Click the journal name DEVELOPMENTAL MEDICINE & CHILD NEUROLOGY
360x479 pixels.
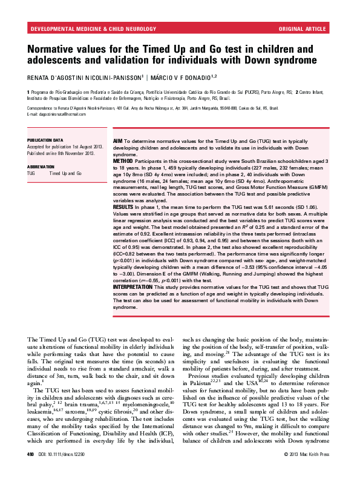click(83, 29)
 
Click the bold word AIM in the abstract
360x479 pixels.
click(119, 139)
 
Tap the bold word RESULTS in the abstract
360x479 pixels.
click(124, 207)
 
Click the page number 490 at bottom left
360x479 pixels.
click(31, 471)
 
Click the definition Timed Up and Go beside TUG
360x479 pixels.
click(65, 174)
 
